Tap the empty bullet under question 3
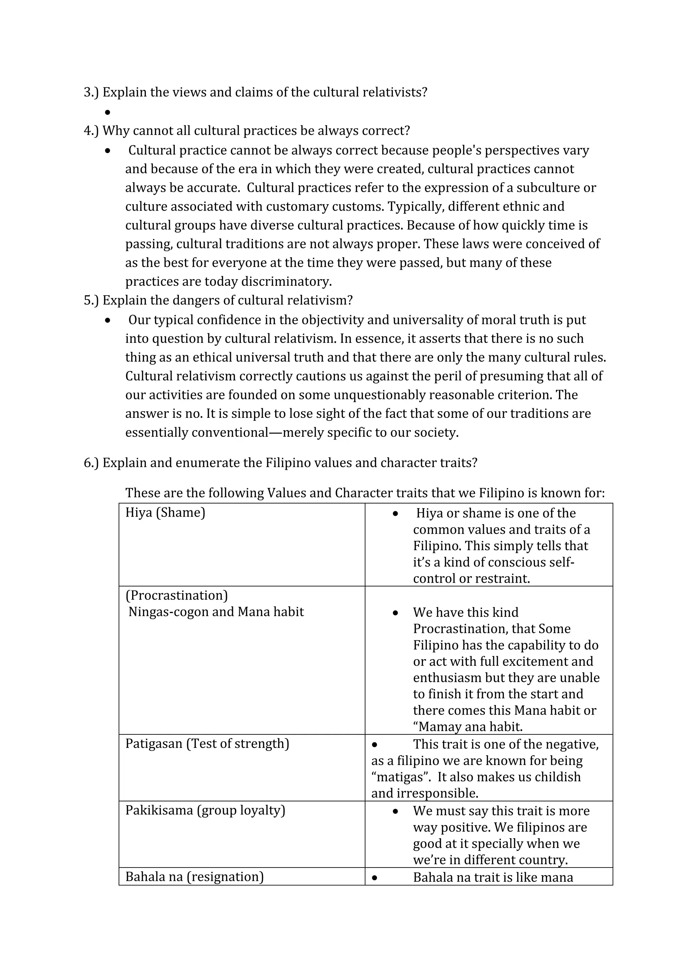pyautogui.click(x=107, y=112)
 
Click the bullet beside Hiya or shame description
pyautogui.click(x=395, y=514)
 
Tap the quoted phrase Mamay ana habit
pyautogui.click(x=467, y=727)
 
